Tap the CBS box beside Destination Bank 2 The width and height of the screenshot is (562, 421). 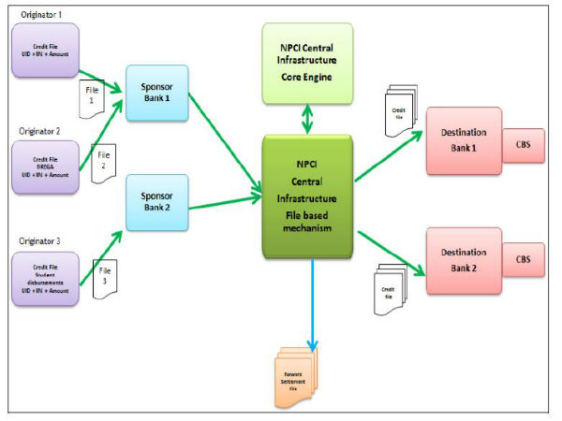(x=523, y=255)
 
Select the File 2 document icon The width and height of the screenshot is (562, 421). (x=101, y=159)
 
